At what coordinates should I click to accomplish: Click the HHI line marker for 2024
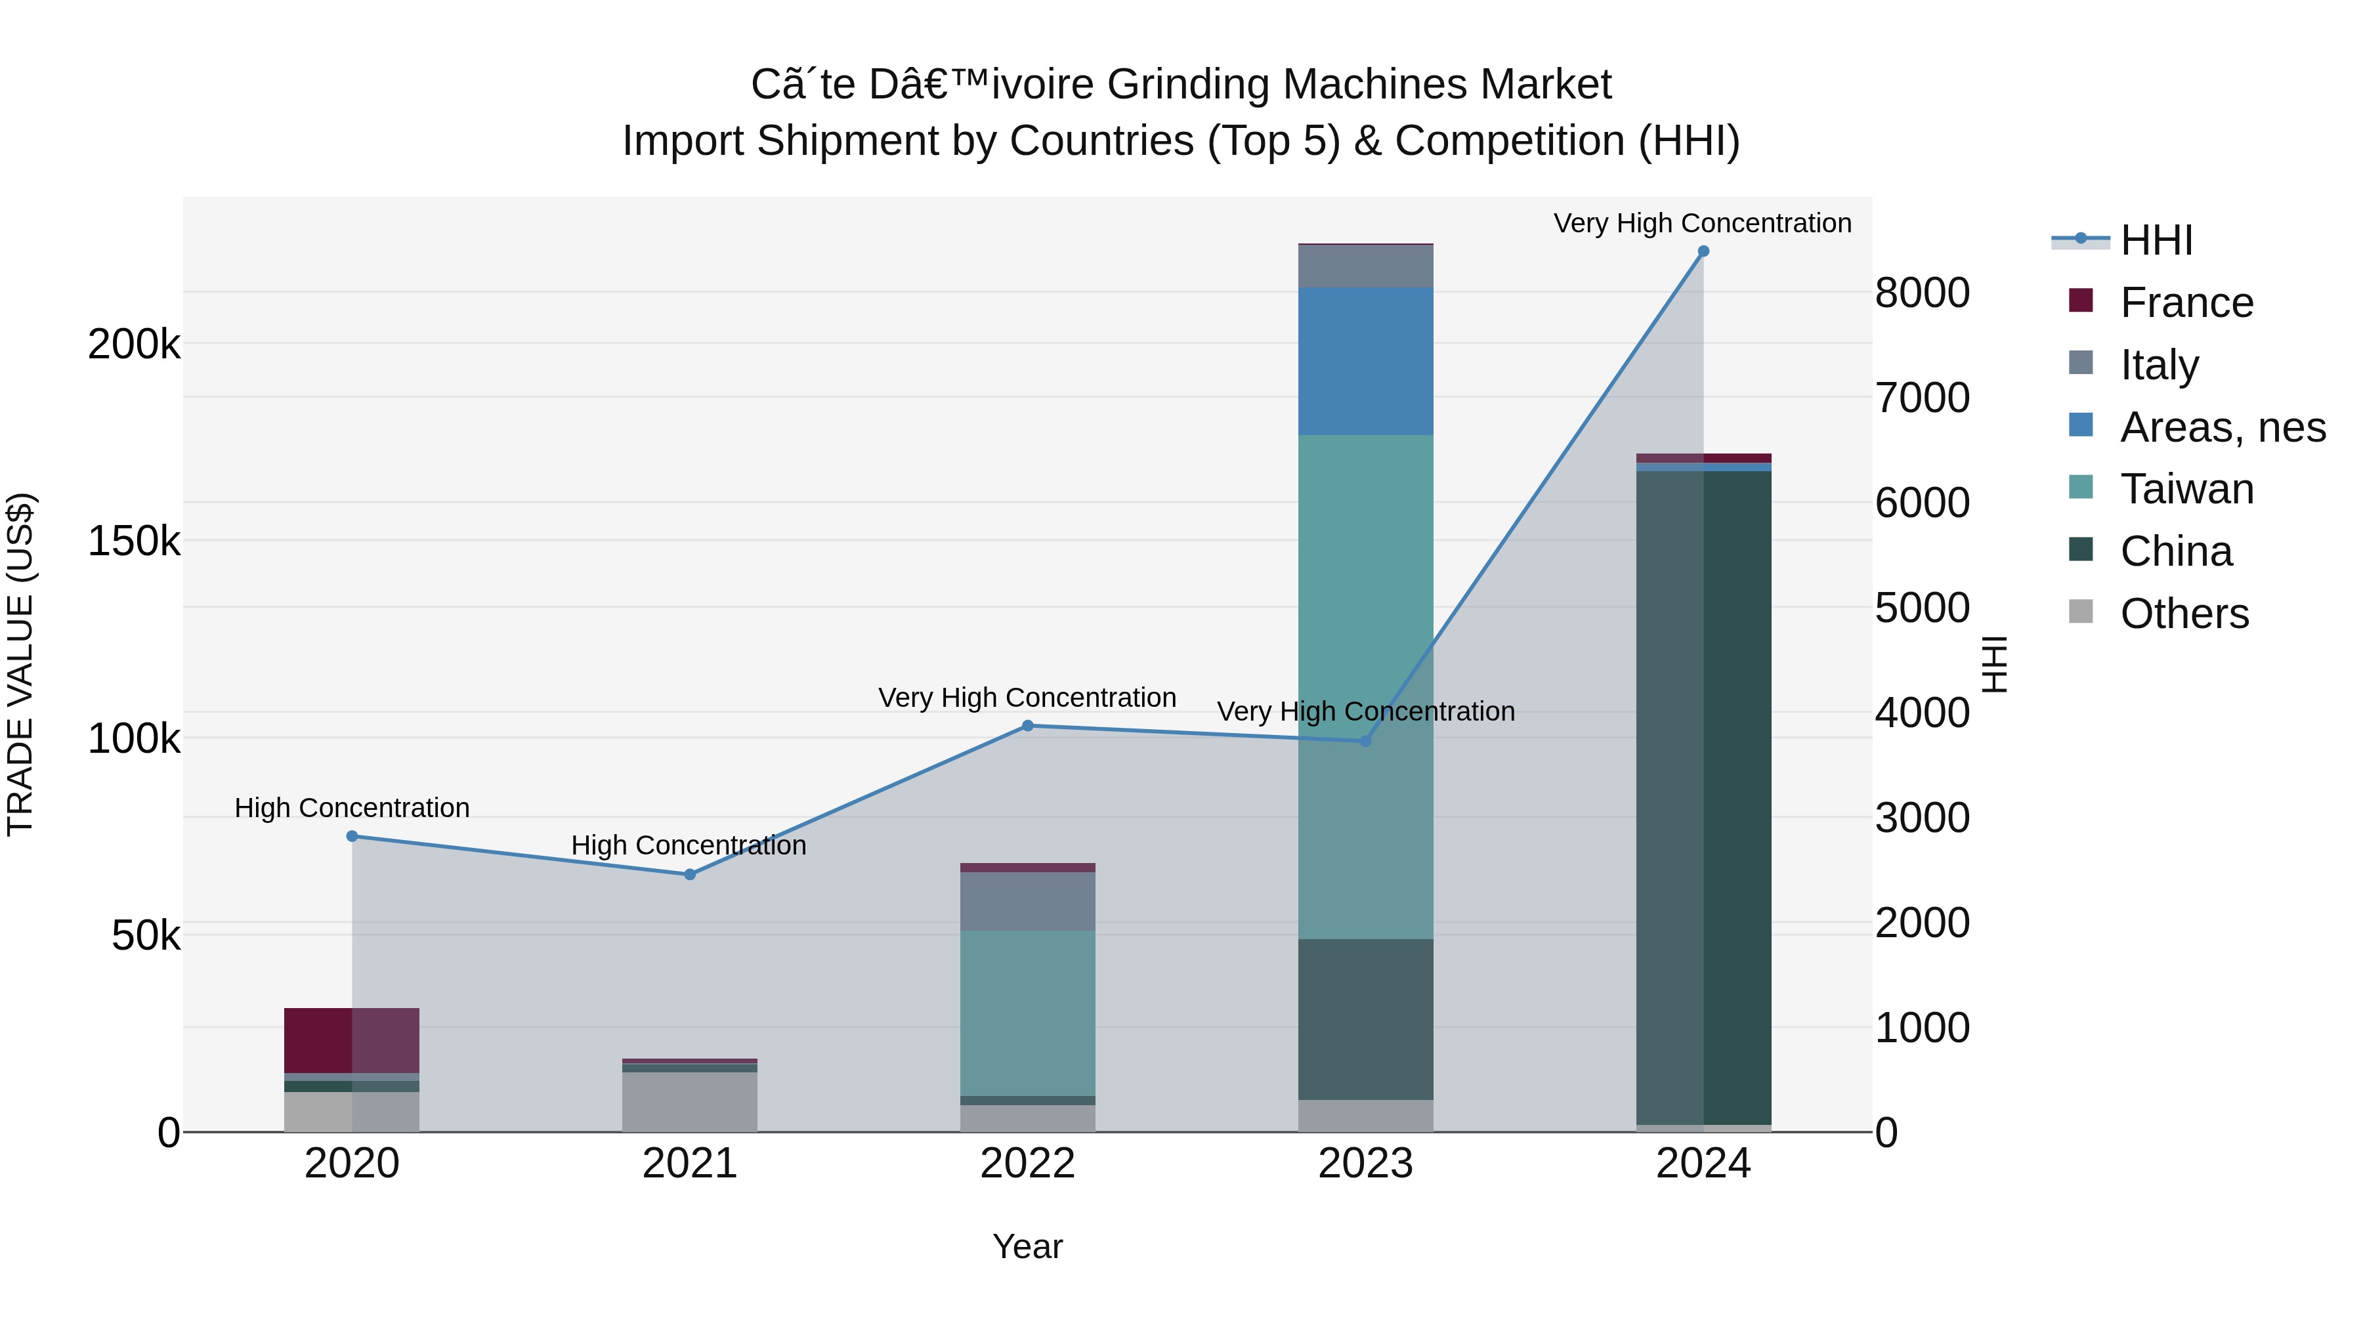(x=1703, y=251)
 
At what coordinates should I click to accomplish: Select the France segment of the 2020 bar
(x=352, y=1040)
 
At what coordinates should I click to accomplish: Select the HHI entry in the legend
(x=2156, y=240)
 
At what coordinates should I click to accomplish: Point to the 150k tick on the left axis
(x=134, y=541)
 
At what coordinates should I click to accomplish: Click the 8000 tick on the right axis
(x=1922, y=293)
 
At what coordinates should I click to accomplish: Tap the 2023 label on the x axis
(x=1365, y=1164)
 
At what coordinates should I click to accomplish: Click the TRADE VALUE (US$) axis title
(x=21, y=664)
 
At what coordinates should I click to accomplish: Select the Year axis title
(x=1027, y=1246)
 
